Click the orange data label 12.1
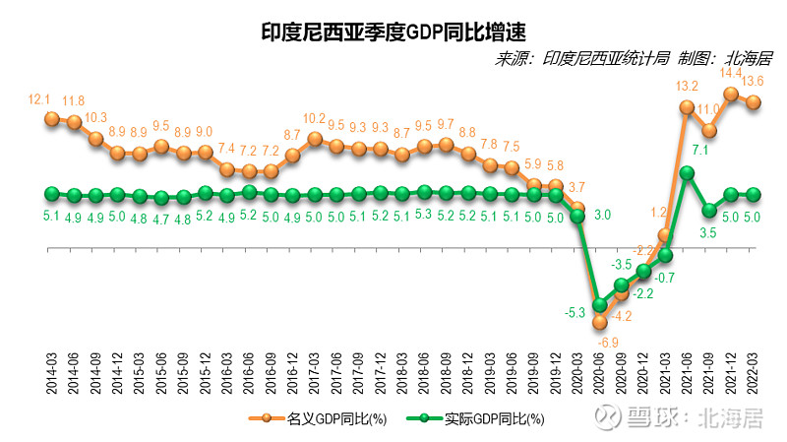pyautogui.click(x=39, y=99)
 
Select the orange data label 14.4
pyautogui.click(x=731, y=72)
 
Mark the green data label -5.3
pyautogui.click(x=575, y=313)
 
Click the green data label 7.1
pyautogui.click(x=700, y=150)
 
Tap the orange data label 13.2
pyautogui.click(x=687, y=86)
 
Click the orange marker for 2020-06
pyautogui.click(x=600, y=321)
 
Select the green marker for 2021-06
pyautogui.click(x=688, y=173)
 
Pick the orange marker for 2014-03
pyautogui.click(x=52, y=118)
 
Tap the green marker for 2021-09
pyautogui.click(x=709, y=210)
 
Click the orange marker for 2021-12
pyautogui.click(x=731, y=94)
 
